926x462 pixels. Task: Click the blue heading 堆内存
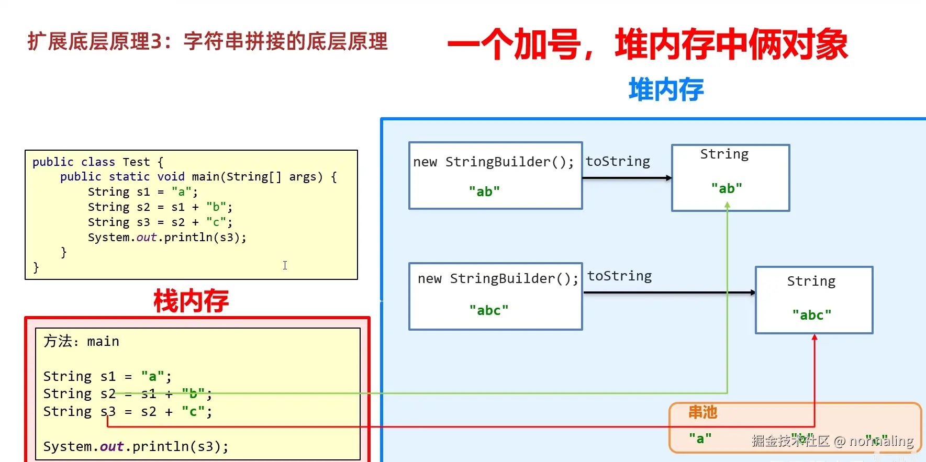(x=666, y=89)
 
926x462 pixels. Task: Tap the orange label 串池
(x=702, y=413)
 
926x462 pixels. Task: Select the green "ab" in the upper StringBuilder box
(x=484, y=191)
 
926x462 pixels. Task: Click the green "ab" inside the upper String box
(x=727, y=188)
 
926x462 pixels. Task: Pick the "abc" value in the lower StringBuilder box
(x=489, y=310)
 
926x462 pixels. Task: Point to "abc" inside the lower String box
(x=812, y=315)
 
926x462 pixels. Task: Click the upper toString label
(x=618, y=161)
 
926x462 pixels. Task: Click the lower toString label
(x=619, y=276)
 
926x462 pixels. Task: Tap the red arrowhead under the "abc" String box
(x=815, y=337)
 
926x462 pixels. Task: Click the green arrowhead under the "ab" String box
(x=727, y=206)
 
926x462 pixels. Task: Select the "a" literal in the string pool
(x=700, y=438)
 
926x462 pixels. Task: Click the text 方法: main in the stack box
(x=81, y=342)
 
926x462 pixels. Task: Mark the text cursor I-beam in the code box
(x=285, y=265)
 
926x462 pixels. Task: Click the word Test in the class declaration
(x=136, y=162)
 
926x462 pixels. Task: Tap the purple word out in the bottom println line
(x=111, y=446)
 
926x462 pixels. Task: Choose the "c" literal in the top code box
(x=216, y=222)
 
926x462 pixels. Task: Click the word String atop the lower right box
(x=811, y=281)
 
